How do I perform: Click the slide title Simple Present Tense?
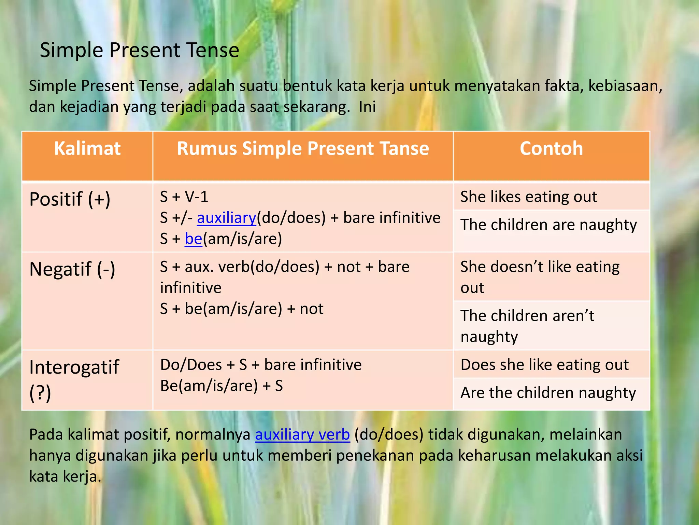coord(139,50)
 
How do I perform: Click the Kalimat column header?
coord(87,149)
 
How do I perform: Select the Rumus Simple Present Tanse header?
coord(303,149)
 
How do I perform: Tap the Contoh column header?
coord(551,149)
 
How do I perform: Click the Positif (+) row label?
coord(70,199)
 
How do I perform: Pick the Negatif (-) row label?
coord(72,269)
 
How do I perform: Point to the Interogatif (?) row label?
coord(74,379)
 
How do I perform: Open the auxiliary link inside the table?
coord(226,218)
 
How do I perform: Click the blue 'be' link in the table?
coord(194,239)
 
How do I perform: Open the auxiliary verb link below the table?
coord(302,435)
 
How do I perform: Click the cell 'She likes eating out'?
coord(529,197)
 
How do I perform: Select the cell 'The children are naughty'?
coord(548,225)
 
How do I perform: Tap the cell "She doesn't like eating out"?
coord(540,277)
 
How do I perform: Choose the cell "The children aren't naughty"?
coord(527,326)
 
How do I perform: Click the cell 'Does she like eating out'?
coord(544,365)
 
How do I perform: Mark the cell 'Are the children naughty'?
coord(548,393)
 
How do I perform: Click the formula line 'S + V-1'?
coord(184,197)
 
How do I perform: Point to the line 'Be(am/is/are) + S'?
coord(222,386)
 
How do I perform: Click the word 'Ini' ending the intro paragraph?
coord(367,107)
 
